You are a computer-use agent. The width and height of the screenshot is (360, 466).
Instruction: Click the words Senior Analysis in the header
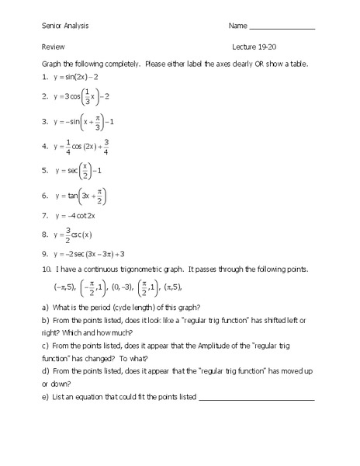65,26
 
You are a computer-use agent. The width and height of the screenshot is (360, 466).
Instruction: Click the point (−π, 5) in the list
63,287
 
